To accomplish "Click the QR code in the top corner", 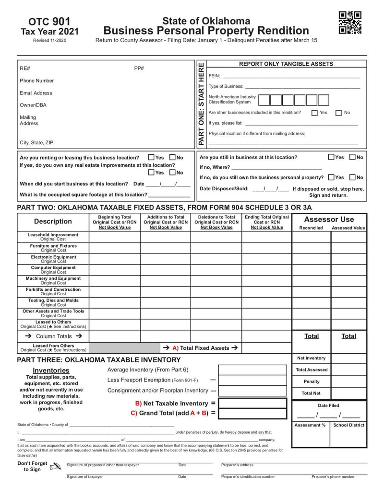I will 350,23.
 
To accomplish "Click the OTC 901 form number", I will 49,22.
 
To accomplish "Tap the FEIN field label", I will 214,76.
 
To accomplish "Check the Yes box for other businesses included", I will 314,113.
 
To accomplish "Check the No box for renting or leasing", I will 172,157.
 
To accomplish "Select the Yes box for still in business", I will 332,157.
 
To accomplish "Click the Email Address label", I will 36,93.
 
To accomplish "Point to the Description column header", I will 53,221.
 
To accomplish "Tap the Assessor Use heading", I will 329,219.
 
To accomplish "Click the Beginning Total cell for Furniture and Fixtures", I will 115,248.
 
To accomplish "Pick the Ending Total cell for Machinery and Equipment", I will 266,280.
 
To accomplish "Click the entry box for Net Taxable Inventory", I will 252,404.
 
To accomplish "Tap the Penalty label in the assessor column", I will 312,381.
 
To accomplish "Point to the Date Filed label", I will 328,405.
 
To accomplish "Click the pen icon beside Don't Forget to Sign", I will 56,466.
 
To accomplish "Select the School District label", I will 348,425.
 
